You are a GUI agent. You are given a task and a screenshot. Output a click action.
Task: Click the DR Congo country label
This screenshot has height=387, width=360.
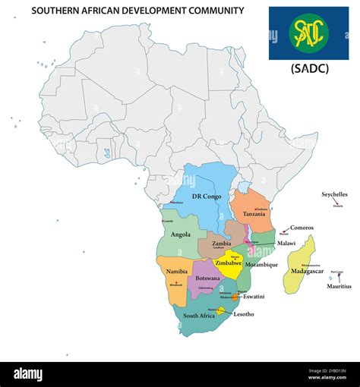pos(207,197)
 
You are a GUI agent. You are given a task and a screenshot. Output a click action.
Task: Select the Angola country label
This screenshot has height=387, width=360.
pos(181,234)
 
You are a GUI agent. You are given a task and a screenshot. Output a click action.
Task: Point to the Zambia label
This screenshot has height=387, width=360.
pos(222,244)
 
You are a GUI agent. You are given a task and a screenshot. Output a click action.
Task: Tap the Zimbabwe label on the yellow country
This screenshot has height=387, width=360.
pos(228,263)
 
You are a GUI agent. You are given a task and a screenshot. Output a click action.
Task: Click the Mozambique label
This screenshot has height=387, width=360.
pos(261,265)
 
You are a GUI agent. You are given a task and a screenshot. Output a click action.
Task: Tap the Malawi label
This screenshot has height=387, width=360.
pos(286,244)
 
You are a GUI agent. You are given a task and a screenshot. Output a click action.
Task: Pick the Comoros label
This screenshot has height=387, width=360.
pos(302,228)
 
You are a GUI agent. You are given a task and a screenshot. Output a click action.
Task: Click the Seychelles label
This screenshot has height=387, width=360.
pos(334,194)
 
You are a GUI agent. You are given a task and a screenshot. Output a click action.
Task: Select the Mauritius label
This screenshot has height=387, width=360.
pos(339,286)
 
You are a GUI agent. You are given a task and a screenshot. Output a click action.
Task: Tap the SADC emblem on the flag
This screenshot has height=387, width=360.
pos(308,32)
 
